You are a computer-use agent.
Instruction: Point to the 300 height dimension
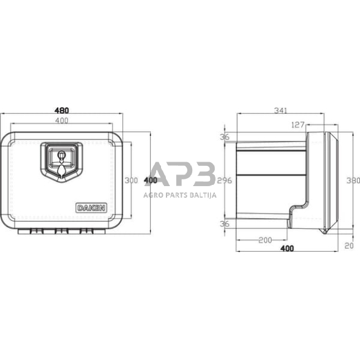coord(130,181)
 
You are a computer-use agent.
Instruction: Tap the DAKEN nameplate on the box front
coord(91,207)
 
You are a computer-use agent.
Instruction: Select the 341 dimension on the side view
coord(280,110)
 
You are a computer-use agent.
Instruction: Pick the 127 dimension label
coord(298,125)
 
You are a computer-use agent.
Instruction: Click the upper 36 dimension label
coord(225,137)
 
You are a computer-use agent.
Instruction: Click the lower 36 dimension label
coord(225,224)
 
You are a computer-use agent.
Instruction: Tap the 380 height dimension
coord(353,181)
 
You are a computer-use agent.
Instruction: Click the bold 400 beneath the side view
coord(287,249)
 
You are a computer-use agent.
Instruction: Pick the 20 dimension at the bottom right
coord(349,246)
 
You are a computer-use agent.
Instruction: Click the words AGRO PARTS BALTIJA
coord(181,194)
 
